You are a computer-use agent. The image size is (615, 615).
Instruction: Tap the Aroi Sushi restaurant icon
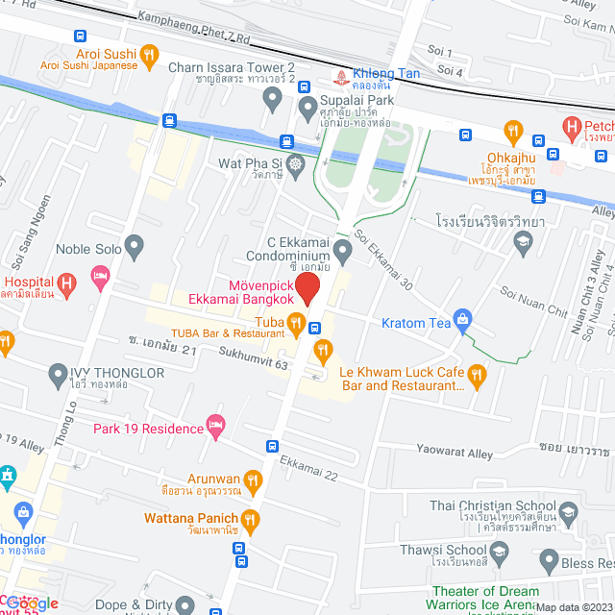pos(148,56)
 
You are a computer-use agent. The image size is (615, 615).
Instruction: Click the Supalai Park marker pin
pos(307,105)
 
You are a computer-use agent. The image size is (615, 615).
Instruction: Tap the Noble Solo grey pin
pos(135,248)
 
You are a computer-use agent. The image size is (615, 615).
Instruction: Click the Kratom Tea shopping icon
pos(463,318)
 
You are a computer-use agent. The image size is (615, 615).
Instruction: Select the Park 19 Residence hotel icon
pos(216,426)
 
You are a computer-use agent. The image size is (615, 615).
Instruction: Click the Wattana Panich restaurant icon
pos(251,520)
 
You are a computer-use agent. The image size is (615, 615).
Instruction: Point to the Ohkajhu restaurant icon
pos(513,129)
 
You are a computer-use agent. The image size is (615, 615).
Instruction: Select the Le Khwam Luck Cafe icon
pos(476,373)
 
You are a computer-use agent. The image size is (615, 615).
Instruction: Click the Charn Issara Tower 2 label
pos(232,66)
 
